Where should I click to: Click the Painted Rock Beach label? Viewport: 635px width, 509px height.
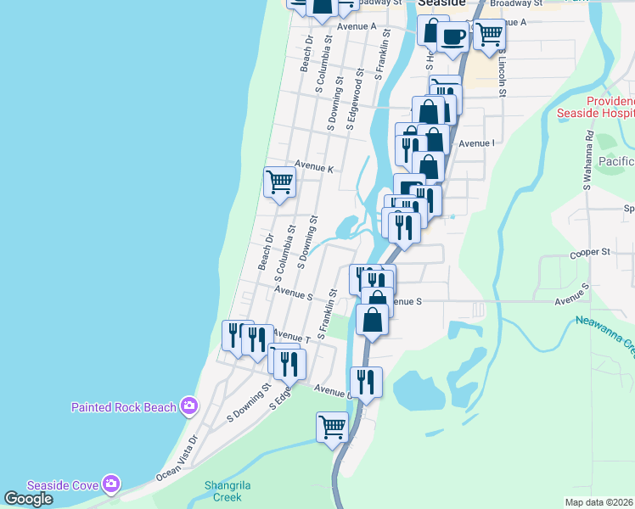tap(123, 407)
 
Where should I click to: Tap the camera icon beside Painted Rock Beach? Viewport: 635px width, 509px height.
tap(188, 406)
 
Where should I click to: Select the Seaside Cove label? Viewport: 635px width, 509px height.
tap(63, 484)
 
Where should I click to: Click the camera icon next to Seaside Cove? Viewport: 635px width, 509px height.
tap(110, 484)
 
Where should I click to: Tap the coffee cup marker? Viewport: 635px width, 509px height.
tap(452, 36)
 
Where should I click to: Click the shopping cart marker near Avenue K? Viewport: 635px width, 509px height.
tap(279, 181)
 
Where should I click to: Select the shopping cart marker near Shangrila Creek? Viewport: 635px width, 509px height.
tap(331, 426)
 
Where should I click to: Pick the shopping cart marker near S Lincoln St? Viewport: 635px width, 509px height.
tap(489, 34)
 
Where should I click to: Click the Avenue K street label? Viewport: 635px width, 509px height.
tap(314, 169)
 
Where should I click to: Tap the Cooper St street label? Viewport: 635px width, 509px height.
tap(590, 252)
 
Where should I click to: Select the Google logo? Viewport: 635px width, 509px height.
tap(28, 499)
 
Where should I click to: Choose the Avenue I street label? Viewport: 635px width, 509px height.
tap(476, 143)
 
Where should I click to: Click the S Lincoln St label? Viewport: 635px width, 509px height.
tap(503, 81)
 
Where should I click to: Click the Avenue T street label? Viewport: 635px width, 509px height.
tap(289, 338)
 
